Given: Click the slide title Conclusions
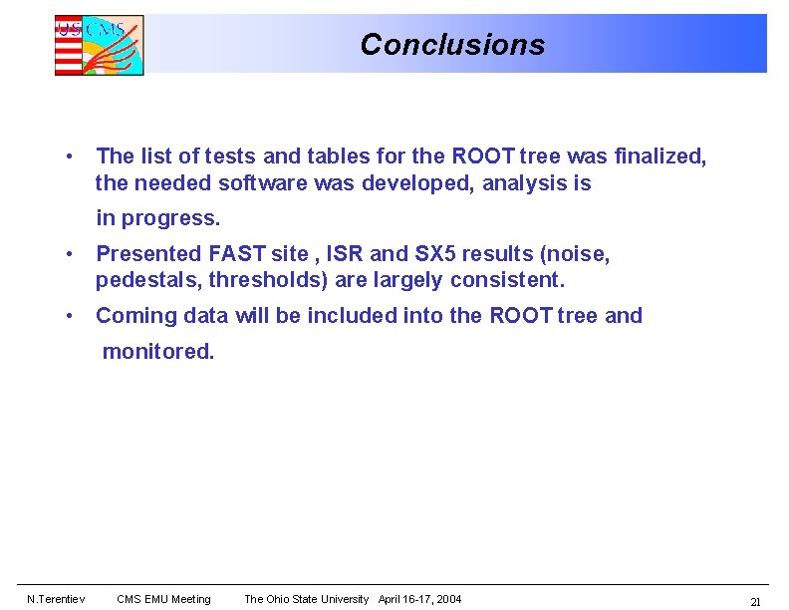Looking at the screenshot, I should point(452,45).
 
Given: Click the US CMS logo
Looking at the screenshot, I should point(99,45).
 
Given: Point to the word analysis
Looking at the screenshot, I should point(524,183).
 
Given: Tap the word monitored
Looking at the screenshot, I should point(157,352).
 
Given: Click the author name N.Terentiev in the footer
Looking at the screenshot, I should point(56,599).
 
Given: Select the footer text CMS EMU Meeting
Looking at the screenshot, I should point(163,599).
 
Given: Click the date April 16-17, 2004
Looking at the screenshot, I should point(419,599).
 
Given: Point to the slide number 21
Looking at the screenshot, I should point(755,601).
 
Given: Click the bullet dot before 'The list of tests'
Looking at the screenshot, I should point(67,157).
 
